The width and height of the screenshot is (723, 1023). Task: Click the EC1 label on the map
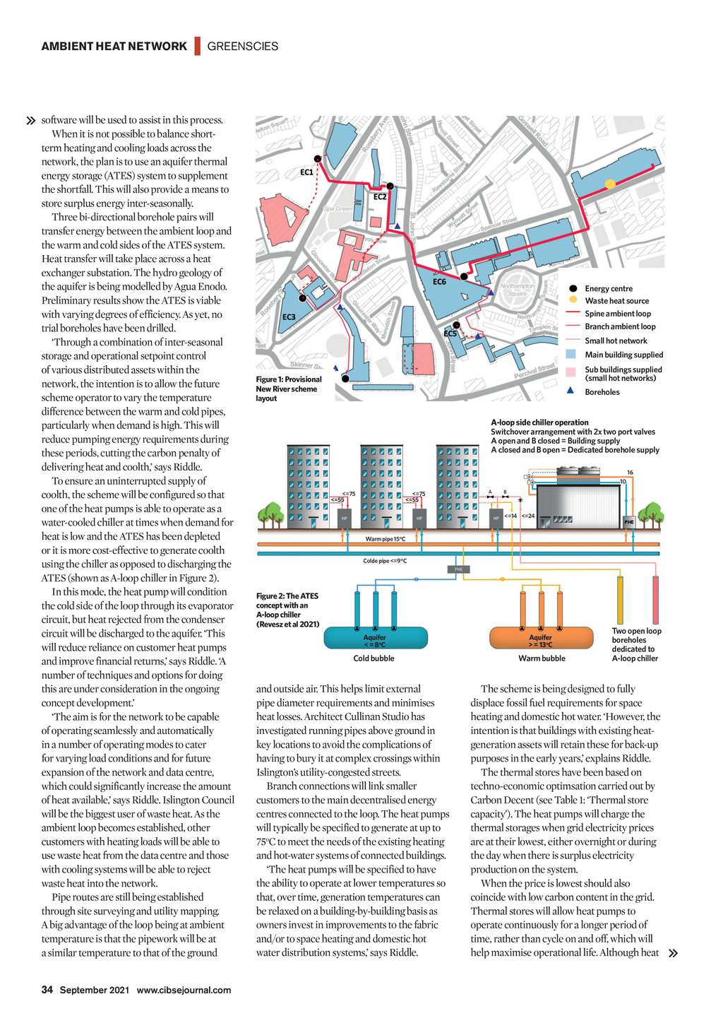coord(306,172)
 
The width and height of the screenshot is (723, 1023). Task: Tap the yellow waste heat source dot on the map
coord(610,184)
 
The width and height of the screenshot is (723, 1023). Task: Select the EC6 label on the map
coord(439,282)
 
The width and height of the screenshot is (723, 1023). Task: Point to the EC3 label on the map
coord(289,317)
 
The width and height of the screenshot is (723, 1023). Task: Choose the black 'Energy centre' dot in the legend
coord(573,288)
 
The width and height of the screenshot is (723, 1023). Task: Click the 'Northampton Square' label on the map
coord(518,290)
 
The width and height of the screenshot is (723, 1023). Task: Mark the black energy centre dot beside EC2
coord(390,187)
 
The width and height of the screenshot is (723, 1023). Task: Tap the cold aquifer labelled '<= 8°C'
coord(375,639)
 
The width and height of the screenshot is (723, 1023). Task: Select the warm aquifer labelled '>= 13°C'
coord(541,639)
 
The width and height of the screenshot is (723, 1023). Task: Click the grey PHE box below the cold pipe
coord(458,569)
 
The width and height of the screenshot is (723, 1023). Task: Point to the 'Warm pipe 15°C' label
coord(386,539)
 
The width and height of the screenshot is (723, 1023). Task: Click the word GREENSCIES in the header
coord(243,47)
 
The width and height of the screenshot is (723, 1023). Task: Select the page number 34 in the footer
coord(47,990)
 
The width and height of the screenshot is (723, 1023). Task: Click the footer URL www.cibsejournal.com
coord(184,990)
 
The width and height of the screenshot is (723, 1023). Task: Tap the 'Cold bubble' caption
coord(374,658)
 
